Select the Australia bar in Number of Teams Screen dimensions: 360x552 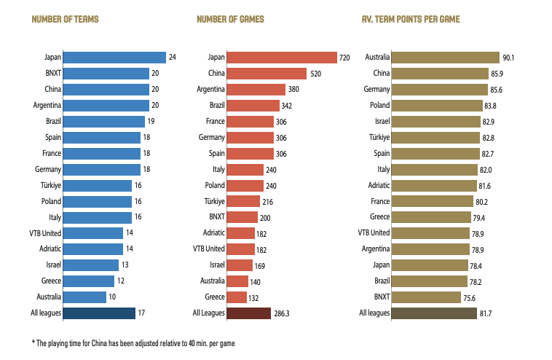click(84, 297)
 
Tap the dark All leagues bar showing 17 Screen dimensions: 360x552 click(99, 313)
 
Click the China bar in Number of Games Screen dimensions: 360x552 click(267, 74)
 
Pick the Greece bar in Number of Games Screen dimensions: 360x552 click(237, 297)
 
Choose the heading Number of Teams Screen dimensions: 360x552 click(65, 19)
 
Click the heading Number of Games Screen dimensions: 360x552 click(231, 19)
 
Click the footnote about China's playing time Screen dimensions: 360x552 click(133, 343)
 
